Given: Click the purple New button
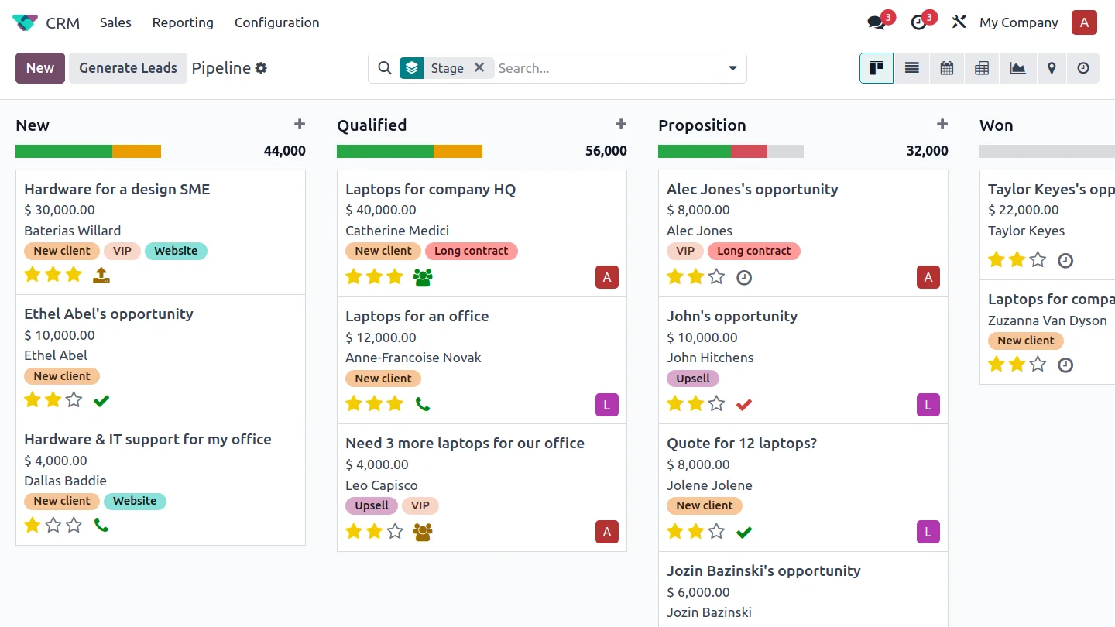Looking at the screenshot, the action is pos(39,67).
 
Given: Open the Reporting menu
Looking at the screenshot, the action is pos(183,22).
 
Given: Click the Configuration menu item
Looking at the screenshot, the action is pos(276,22).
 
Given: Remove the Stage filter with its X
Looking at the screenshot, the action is pos(479,67).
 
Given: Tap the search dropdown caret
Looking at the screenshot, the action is pos(732,67).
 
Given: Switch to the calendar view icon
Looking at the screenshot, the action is pos(947,67).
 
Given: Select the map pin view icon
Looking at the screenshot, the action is pos(1052,67).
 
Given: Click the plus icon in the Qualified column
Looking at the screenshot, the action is pos(621,124).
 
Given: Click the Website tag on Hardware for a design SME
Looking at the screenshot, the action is pos(176,251).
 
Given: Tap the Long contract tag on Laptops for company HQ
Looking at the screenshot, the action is pos(471,251).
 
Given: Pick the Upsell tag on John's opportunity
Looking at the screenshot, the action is pos(692,379).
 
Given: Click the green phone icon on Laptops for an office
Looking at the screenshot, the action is pos(423,404).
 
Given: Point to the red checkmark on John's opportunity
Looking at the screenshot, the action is pos(743,405).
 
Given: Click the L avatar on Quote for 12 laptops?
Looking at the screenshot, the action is pos(928,532).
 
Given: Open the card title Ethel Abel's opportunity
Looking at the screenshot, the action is pos(108,313).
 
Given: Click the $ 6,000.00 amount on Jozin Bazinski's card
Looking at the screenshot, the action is pos(698,592).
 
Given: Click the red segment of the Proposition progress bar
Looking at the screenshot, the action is pos(749,151).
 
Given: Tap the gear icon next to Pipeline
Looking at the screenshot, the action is pos(262,67).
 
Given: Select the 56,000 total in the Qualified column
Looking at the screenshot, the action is pos(606,151).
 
